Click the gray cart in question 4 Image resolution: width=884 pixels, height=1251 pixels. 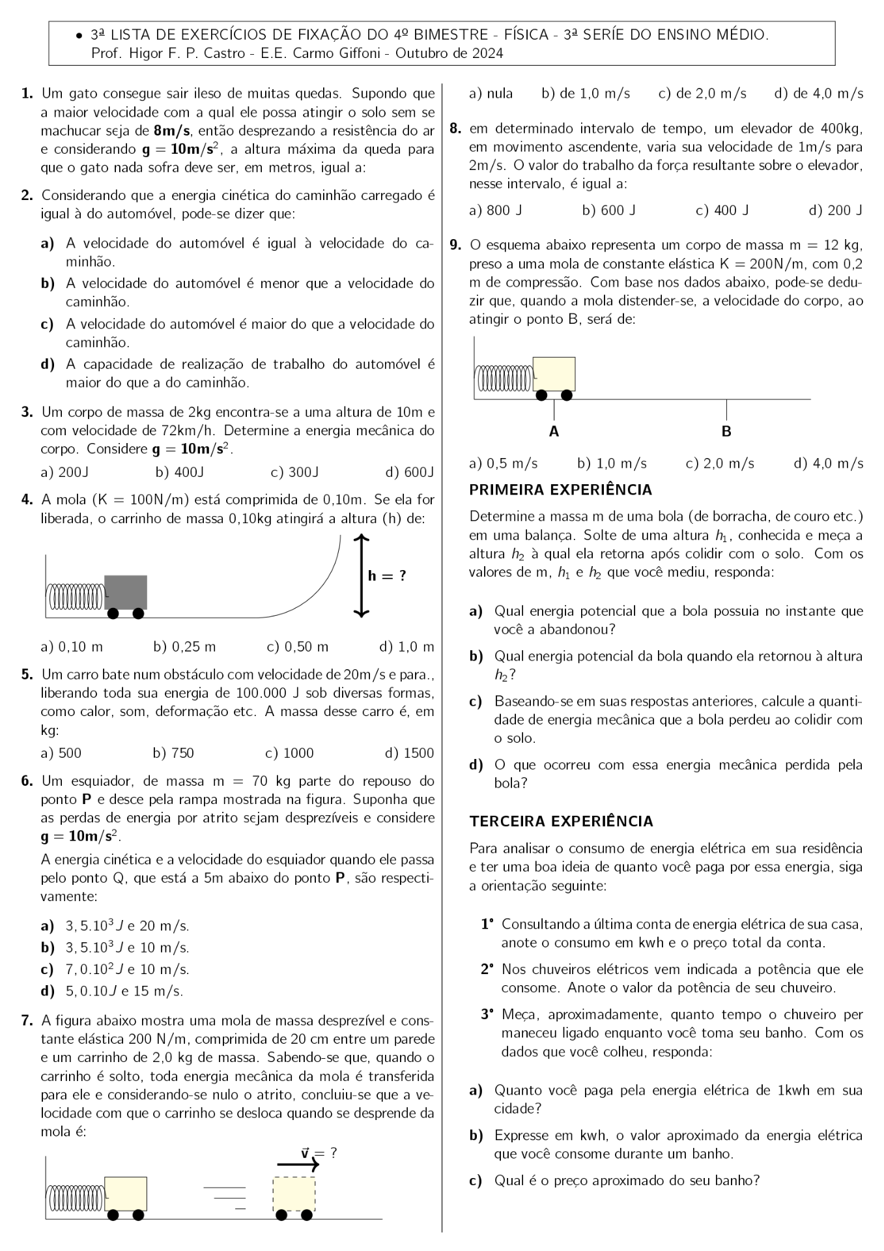(126, 592)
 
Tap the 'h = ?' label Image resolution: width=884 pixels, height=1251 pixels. (387, 575)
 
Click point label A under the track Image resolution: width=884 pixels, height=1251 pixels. (554, 431)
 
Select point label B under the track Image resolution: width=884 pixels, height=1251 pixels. (726, 431)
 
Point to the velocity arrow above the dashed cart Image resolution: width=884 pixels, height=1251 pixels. (298, 1164)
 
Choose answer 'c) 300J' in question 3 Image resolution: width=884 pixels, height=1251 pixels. (294, 472)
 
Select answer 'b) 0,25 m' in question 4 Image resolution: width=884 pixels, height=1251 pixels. (184, 647)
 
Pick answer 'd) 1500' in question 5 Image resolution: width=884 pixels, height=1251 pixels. (409, 753)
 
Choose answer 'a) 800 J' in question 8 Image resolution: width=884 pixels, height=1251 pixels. (495, 210)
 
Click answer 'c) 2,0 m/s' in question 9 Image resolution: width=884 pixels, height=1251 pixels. (720, 463)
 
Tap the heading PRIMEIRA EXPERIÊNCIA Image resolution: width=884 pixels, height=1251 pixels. (560, 489)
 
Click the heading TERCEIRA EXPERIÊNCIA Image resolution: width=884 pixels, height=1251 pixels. (561, 821)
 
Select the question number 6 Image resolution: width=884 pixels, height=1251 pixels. (27, 781)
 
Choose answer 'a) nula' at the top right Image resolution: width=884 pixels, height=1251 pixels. (491, 94)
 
